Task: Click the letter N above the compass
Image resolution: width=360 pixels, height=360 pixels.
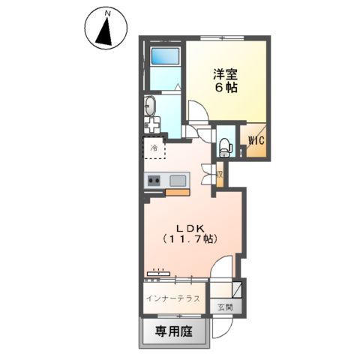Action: (x=108, y=13)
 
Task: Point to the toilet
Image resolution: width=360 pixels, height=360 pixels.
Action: (x=224, y=146)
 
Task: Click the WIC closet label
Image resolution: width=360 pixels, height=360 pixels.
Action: (x=251, y=140)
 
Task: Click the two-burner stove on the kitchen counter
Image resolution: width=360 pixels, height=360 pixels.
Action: (x=154, y=181)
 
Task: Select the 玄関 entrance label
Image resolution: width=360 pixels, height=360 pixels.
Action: (x=225, y=306)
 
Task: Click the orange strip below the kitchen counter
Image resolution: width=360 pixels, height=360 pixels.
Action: (x=177, y=193)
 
